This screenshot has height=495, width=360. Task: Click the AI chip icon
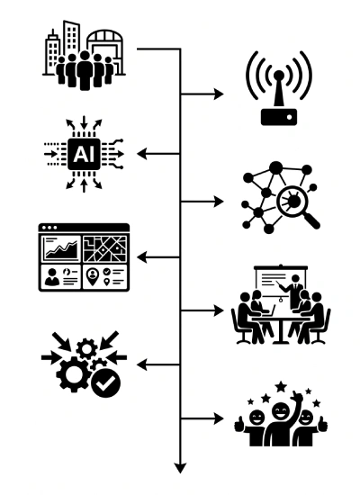(x=84, y=154)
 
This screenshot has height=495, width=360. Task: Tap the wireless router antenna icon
(x=279, y=88)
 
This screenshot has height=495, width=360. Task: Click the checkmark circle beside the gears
(x=106, y=383)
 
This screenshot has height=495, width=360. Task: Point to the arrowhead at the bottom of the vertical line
(x=180, y=468)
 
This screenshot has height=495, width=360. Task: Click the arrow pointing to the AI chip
(x=158, y=154)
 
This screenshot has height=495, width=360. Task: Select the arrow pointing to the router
(x=202, y=94)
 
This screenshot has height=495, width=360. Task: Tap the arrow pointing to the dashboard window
(x=158, y=257)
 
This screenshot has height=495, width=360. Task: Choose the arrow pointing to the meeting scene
(x=202, y=311)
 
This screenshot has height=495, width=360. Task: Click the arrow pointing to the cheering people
(x=202, y=418)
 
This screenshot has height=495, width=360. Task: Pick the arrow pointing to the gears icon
(x=158, y=364)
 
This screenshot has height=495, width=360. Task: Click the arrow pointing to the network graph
(x=202, y=202)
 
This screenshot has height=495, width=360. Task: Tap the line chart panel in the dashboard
(x=61, y=248)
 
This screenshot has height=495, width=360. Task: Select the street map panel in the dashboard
(x=105, y=248)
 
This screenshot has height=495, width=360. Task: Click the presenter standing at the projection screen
(x=295, y=292)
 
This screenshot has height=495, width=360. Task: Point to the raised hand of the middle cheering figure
(x=297, y=397)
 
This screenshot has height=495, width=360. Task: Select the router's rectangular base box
(x=279, y=117)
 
